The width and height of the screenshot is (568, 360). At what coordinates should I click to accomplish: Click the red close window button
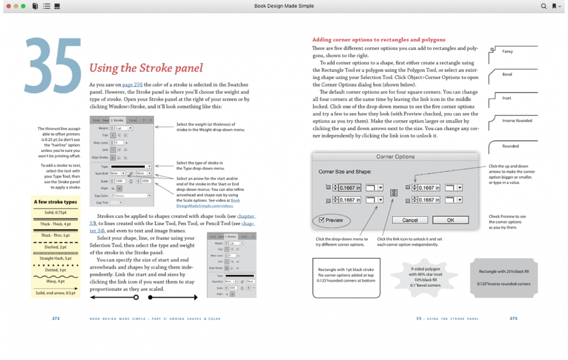[x=8, y=6]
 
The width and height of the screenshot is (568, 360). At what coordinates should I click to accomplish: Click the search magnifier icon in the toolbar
[x=544, y=6]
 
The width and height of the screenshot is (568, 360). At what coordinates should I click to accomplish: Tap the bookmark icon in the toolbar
[x=554, y=6]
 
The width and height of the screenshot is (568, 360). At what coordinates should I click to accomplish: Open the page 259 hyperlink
[x=139, y=84]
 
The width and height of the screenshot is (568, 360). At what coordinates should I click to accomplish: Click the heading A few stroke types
[x=55, y=202]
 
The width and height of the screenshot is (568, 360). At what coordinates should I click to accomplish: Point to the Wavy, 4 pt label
[x=55, y=282]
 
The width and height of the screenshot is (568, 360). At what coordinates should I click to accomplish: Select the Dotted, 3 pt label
[x=55, y=270]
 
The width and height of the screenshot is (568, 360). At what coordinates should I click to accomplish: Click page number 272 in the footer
[x=56, y=318]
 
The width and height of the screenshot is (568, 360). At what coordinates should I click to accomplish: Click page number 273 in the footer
[x=513, y=318]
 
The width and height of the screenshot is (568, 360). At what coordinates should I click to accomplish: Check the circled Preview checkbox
[x=323, y=220]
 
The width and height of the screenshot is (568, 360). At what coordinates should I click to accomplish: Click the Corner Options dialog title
[x=395, y=156]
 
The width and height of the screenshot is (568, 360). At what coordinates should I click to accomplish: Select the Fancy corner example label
[x=508, y=52]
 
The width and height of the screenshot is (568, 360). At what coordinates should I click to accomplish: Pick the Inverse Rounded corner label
[x=517, y=120]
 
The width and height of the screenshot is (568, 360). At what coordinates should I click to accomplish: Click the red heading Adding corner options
[x=378, y=40]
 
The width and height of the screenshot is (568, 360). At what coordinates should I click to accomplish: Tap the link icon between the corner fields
[x=394, y=193]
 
